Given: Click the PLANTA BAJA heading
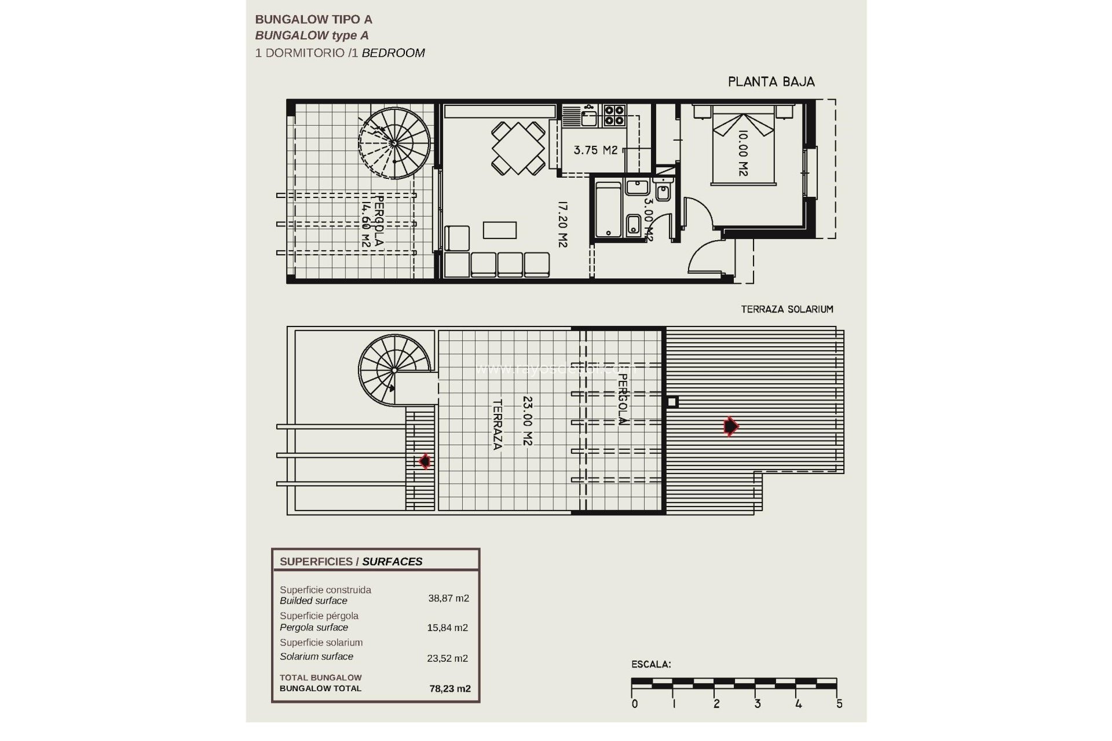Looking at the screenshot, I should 771,82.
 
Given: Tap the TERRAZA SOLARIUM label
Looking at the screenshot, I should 787,309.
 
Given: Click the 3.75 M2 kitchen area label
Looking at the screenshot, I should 595,151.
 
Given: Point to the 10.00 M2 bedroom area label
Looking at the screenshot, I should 743,153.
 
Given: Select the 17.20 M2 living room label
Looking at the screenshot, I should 562,224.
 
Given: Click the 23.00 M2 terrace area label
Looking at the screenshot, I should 527,420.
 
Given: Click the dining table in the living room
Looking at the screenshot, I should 518,148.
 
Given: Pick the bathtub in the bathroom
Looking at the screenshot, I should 608,210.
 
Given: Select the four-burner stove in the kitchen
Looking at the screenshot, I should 614,115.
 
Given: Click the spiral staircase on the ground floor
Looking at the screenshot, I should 394,142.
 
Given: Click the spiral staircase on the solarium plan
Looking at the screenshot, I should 394,370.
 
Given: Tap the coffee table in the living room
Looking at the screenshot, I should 500,230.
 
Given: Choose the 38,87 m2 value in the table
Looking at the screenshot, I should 448,599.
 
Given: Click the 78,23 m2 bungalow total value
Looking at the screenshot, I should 450,689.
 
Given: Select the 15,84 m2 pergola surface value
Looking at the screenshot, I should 448,628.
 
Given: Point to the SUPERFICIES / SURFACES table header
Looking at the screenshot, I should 351,562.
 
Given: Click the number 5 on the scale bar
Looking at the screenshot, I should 839,704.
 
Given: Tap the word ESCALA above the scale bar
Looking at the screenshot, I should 651,665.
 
